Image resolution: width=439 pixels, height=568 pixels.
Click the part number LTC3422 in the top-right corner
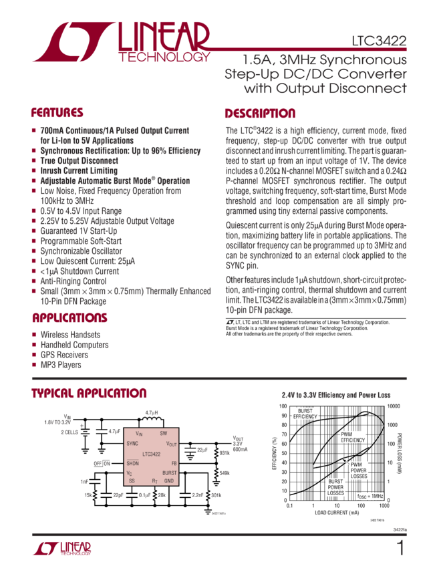[379, 41]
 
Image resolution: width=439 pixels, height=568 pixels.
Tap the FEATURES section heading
[57, 113]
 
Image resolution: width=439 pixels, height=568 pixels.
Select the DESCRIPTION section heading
[260, 113]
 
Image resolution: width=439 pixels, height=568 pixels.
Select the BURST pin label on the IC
[169, 472]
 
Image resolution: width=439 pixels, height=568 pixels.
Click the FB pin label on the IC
[173, 463]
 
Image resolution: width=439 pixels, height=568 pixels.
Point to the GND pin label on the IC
[170, 481]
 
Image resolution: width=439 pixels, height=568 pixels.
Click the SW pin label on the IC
[164, 434]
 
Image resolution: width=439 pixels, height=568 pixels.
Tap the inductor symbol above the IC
[152, 422]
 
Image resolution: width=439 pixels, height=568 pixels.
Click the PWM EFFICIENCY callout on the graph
[352, 437]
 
